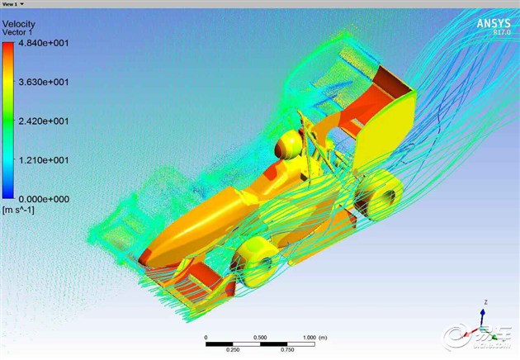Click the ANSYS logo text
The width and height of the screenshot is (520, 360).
click(493, 23)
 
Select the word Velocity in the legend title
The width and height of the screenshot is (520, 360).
click(18, 24)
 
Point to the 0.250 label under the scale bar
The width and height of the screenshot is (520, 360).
click(233, 349)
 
